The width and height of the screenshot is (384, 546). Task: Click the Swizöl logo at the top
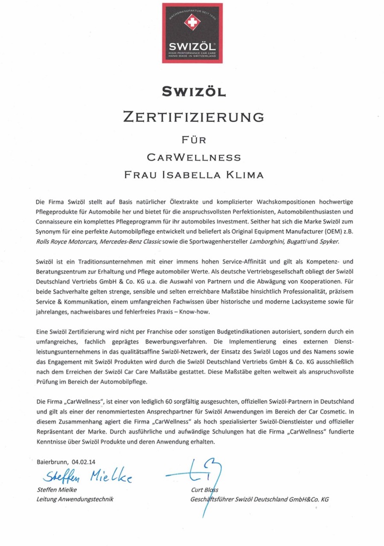(192, 33)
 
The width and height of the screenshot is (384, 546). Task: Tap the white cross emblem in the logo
(192, 23)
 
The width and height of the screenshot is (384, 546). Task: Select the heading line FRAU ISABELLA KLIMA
(194, 175)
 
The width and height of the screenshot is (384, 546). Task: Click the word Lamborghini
(271, 241)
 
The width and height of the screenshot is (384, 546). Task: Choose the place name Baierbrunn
(52, 461)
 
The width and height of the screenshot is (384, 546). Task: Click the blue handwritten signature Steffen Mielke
(87, 476)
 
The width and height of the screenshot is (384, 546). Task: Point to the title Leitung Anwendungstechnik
(75, 499)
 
